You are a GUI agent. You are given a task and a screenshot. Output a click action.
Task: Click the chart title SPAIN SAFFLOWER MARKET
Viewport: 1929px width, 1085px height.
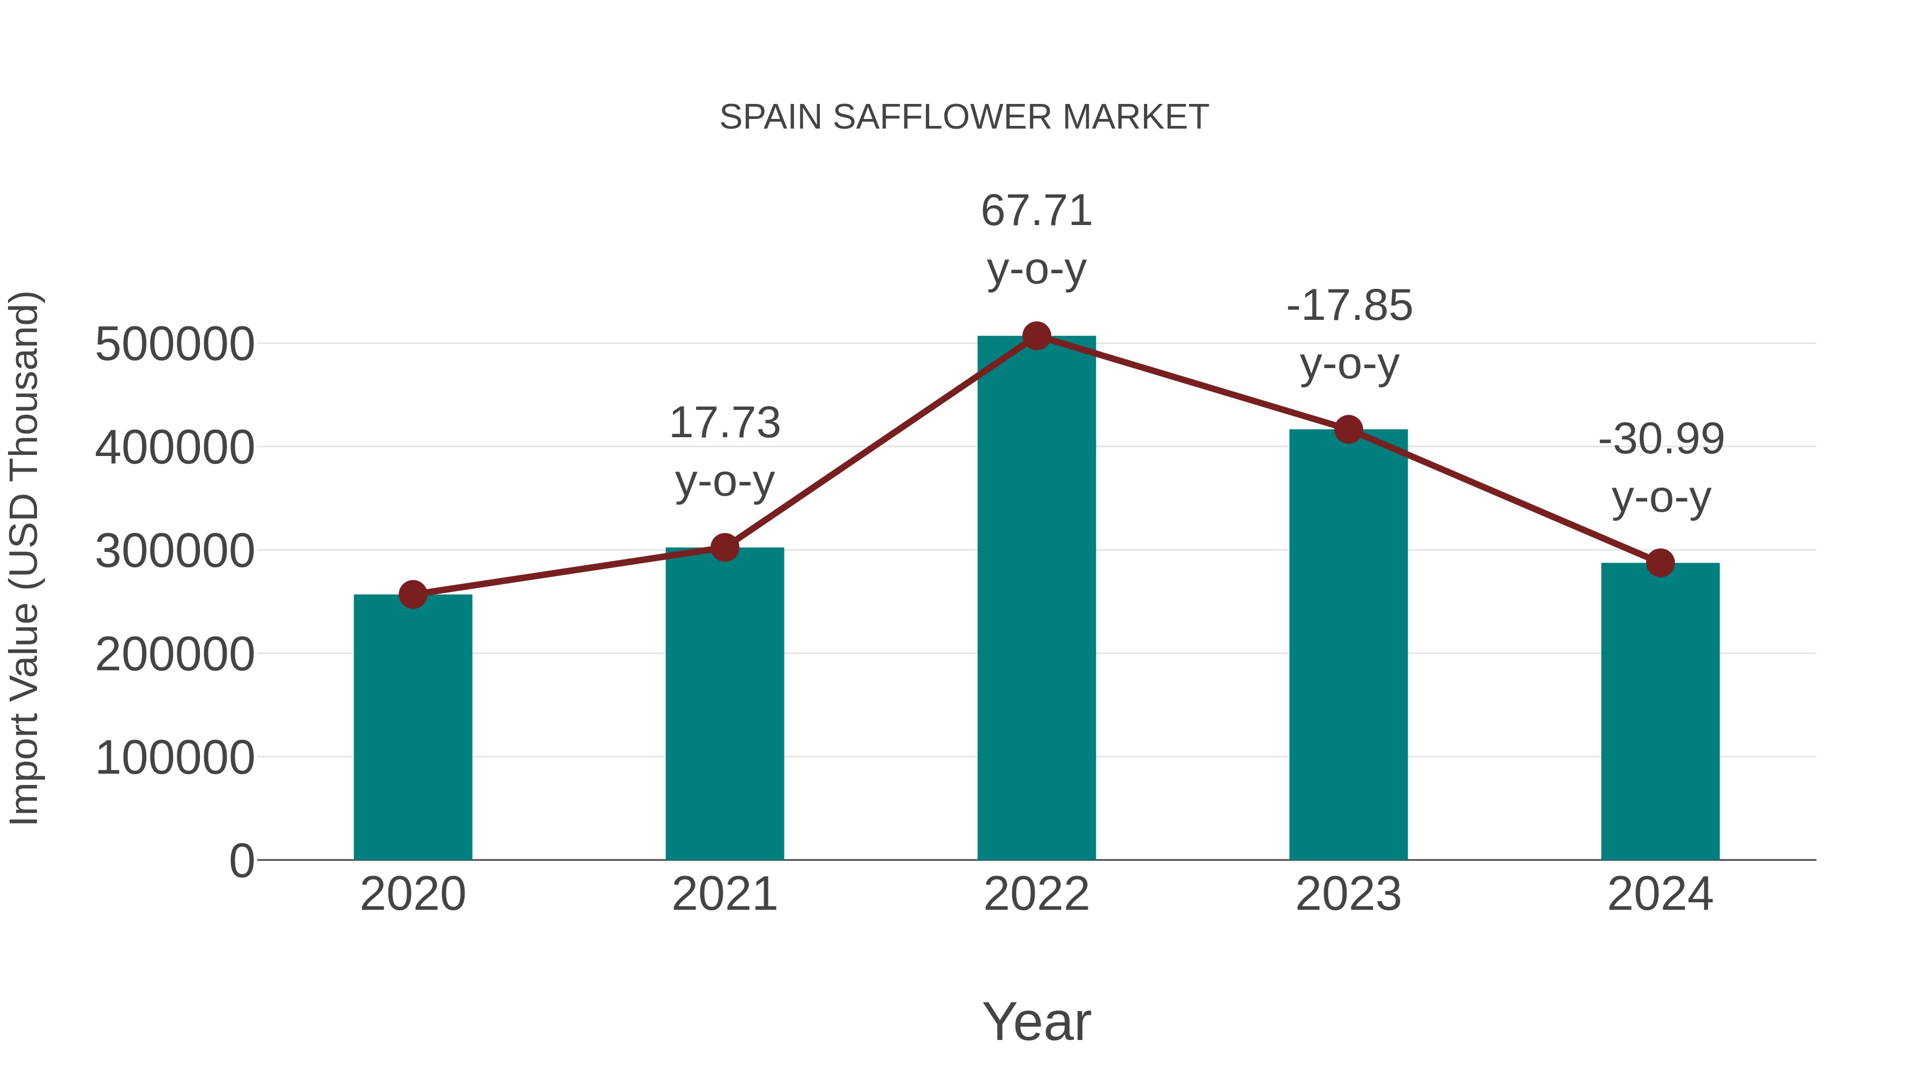point(964,117)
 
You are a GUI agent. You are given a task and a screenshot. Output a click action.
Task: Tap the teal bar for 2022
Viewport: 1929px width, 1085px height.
point(1036,599)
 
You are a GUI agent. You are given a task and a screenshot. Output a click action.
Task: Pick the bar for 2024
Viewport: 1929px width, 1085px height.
point(1660,712)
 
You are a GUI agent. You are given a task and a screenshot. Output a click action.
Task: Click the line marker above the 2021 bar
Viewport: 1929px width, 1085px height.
point(724,548)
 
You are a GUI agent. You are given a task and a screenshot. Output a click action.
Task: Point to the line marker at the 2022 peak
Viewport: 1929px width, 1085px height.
point(1036,336)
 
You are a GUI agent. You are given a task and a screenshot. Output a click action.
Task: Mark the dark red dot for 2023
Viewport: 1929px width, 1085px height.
point(1348,430)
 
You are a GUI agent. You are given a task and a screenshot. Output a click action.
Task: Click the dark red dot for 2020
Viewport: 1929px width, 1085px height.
point(413,595)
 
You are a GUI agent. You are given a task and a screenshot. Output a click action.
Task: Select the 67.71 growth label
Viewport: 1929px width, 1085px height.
point(1036,211)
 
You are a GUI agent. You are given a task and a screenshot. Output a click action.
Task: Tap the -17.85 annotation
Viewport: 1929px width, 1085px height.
point(1349,306)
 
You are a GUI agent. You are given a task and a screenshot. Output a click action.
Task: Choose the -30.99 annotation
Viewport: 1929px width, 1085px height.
point(1661,439)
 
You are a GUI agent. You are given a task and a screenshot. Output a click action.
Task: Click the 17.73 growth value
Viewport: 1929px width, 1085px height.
point(724,423)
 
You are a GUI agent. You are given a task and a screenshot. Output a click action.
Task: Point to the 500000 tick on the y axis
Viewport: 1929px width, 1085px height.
point(175,345)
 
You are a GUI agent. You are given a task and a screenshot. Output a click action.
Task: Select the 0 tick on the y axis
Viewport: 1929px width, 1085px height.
point(241,860)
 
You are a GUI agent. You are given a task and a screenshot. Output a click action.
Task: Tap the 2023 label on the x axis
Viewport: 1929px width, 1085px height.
point(1348,894)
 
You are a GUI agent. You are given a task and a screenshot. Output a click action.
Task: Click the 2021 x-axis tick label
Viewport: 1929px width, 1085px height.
point(724,894)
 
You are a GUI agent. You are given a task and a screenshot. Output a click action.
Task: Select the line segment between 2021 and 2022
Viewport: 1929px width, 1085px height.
point(880,442)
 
